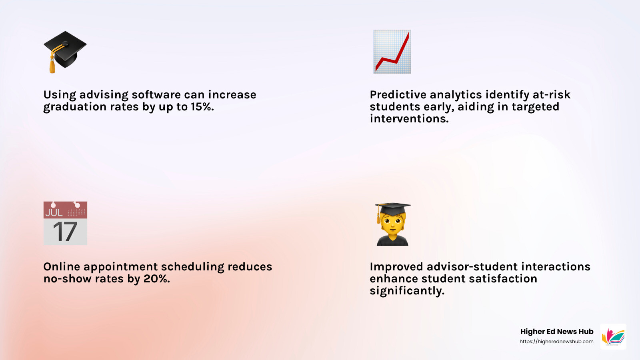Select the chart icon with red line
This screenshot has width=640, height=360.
pyautogui.click(x=392, y=52)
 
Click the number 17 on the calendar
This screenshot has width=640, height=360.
pyautogui.click(x=65, y=232)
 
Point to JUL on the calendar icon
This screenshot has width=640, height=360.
pyautogui.click(x=54, y=212)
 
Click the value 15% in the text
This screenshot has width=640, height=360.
pyautogui.click(x=202, y=107)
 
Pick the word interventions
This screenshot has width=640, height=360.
pyautogui.click(x=409, y=119)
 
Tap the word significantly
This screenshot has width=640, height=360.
pyautogui.click(x=407, y=291)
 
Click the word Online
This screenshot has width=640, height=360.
pyautogui.click(x=62, y=267)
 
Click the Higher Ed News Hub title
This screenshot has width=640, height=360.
pyautogui.click(x=556, y=332)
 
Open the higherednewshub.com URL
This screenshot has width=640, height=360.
pyautogui.click(x=556, y=342)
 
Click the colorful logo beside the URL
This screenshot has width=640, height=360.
pyautogui.click(x=613, y=337)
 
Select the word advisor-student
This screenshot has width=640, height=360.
pyautogui.click(x=472, y=267)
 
